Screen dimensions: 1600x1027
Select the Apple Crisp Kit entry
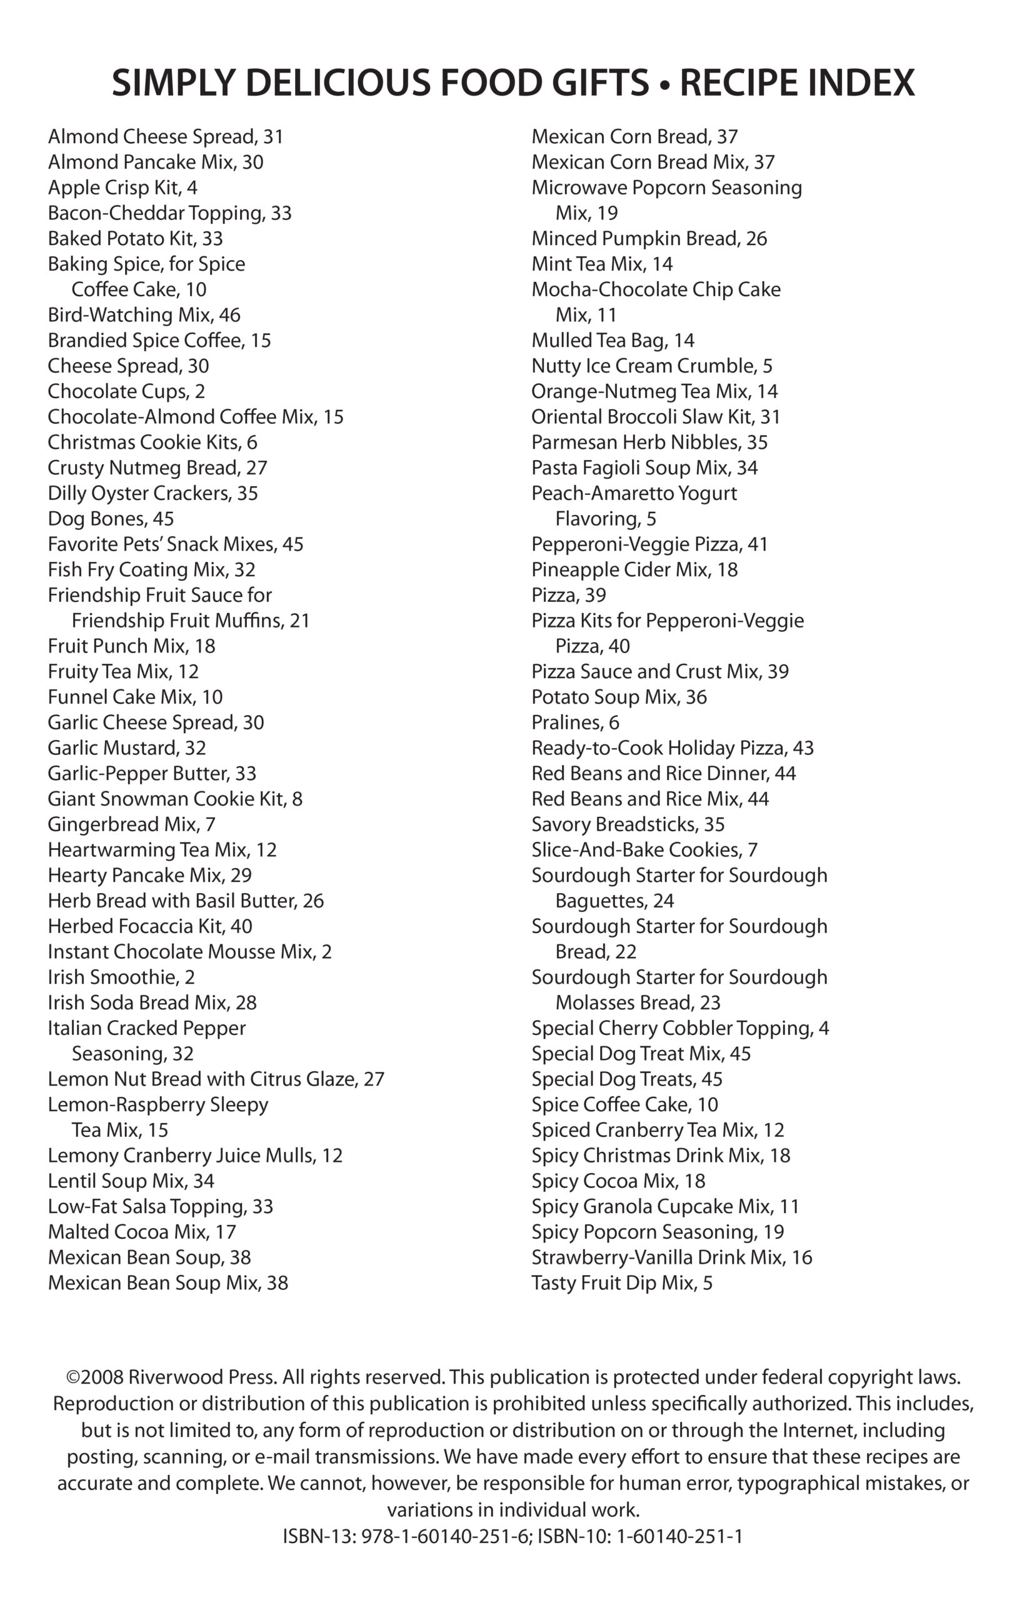coord(122,188)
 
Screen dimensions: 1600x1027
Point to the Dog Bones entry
coord(110,519)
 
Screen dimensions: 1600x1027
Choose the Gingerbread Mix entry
coord(131,824)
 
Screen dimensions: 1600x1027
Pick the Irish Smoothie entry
coord(121,977)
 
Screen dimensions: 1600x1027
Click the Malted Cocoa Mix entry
coord(141,1232)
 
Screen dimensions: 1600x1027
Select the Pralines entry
coord(575,722)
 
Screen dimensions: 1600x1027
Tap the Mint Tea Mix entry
coord(601,264)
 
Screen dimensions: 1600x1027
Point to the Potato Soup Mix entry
coord(618,697)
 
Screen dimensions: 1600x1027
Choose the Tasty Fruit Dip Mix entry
coord(621,1282)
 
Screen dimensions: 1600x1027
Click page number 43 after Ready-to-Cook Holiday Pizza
coord(803,748)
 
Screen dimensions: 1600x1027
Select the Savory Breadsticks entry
coord(628,824)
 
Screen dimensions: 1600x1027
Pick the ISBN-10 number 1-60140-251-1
coord(679,1537)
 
